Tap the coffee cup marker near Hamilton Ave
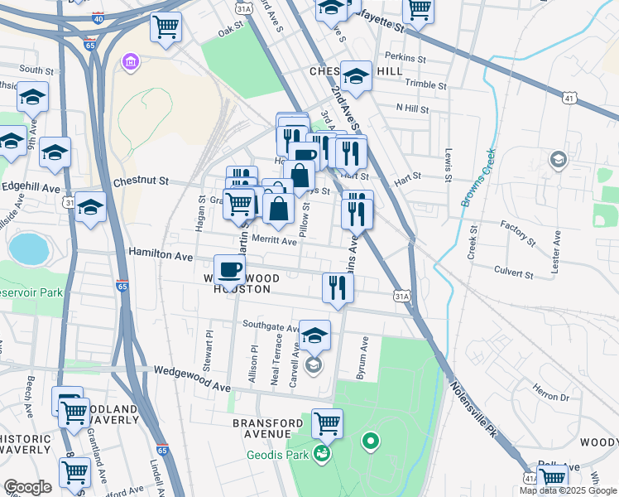pyautogui.click(x=229, y=269)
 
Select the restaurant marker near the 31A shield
pyautogui.click(x=338, y=287)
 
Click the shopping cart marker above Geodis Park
pyautogui.click(x=327, y=423)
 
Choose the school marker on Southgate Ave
pyautogui.click(x=314, y=335)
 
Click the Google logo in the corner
pyautogui.click(x=27, y=487)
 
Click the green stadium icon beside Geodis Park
pyautogui.click(x=321, y=454)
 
